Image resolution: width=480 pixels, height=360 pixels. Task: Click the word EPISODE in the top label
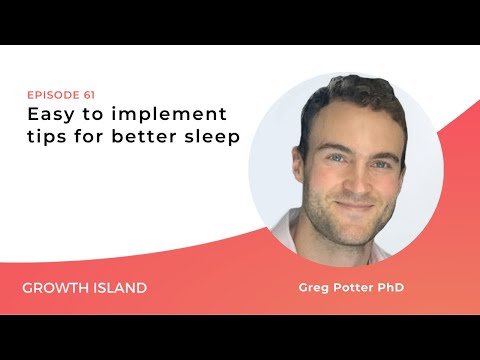pyautogui.click(x=47, y=95)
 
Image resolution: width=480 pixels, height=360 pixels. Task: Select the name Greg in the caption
pyautogui.click(x=314, y=288)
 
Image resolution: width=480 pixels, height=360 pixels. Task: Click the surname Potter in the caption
pyautogui.click(x=352, y=288)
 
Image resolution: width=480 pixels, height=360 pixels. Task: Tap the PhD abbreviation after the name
pyautogui.click(x=393, y=288)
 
